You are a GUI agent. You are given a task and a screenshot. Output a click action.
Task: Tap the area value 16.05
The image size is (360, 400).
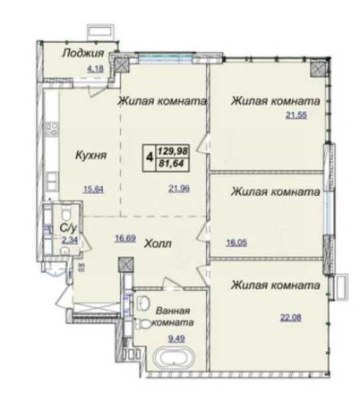point(236,241)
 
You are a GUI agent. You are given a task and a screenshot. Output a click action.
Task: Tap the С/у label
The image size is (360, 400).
point(67,228)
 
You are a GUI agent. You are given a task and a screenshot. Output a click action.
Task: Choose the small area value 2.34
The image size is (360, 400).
point(56,240)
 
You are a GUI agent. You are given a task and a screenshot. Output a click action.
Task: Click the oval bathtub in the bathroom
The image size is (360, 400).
point(170,363)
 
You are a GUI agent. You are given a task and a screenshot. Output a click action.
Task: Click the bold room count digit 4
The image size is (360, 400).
point(150,159)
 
